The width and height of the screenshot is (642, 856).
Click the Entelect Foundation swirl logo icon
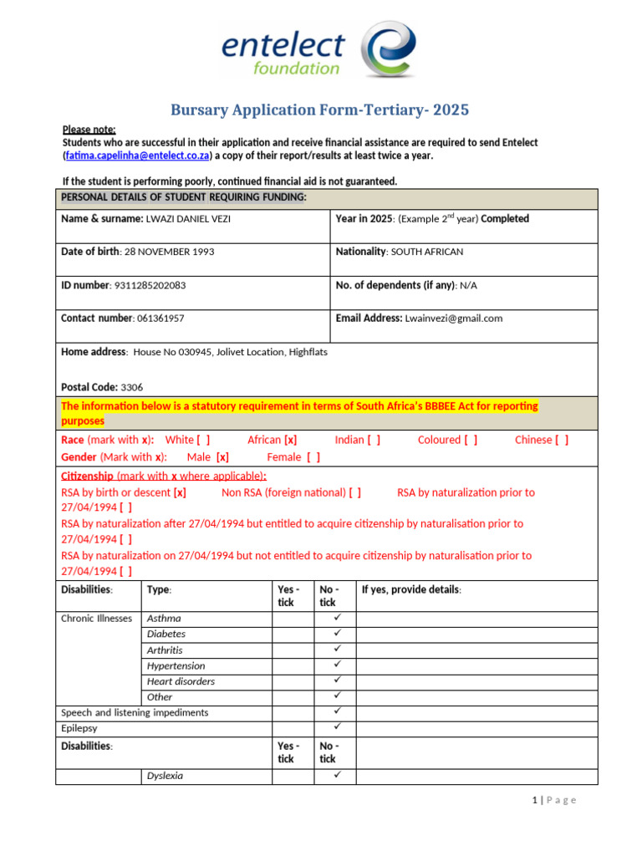(388, 49)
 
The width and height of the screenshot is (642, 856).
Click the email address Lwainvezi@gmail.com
(454, 318)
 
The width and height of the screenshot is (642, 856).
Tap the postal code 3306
(132, 388)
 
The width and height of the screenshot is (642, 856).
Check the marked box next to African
(290, 440)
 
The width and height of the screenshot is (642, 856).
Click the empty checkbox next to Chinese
(561, 440)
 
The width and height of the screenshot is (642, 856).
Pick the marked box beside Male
(222, 457)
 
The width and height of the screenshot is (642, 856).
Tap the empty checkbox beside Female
(313, 457)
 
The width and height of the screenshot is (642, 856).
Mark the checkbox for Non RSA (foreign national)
(354, 492)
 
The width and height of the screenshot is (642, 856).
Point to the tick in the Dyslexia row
(337, 775)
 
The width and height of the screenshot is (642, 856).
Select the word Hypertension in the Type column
(176, 666)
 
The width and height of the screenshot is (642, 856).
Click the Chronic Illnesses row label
(96, 619)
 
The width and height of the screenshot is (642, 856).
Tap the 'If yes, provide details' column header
(411, 589)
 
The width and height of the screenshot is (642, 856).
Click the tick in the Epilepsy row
(337, 727)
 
